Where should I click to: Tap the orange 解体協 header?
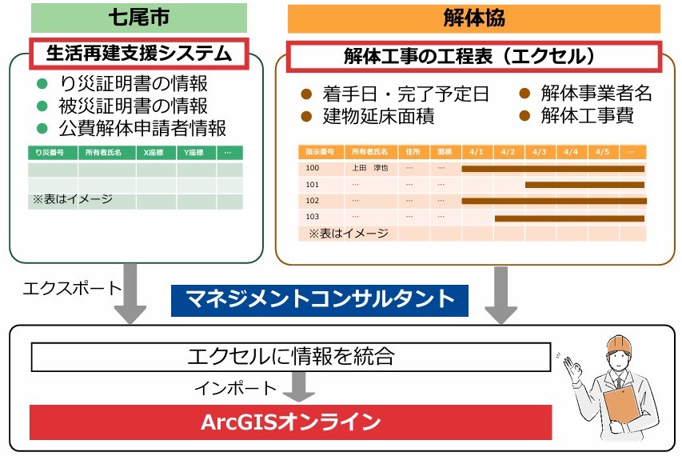coord(473,18)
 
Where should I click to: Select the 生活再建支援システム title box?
coord(141,54)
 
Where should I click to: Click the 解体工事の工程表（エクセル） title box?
coord(472,57)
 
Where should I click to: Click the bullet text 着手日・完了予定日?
coord(405,94)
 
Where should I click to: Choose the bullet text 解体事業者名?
coord(596,94)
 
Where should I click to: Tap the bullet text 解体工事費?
coord(587,116)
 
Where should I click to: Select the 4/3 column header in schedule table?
coord(539,152)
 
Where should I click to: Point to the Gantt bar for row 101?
coord(584,185)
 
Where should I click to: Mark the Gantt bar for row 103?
coord(569,218)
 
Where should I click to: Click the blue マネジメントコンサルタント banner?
coord(320,299)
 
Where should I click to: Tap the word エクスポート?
coord(72,288)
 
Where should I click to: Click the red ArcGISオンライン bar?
coord(291,422)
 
